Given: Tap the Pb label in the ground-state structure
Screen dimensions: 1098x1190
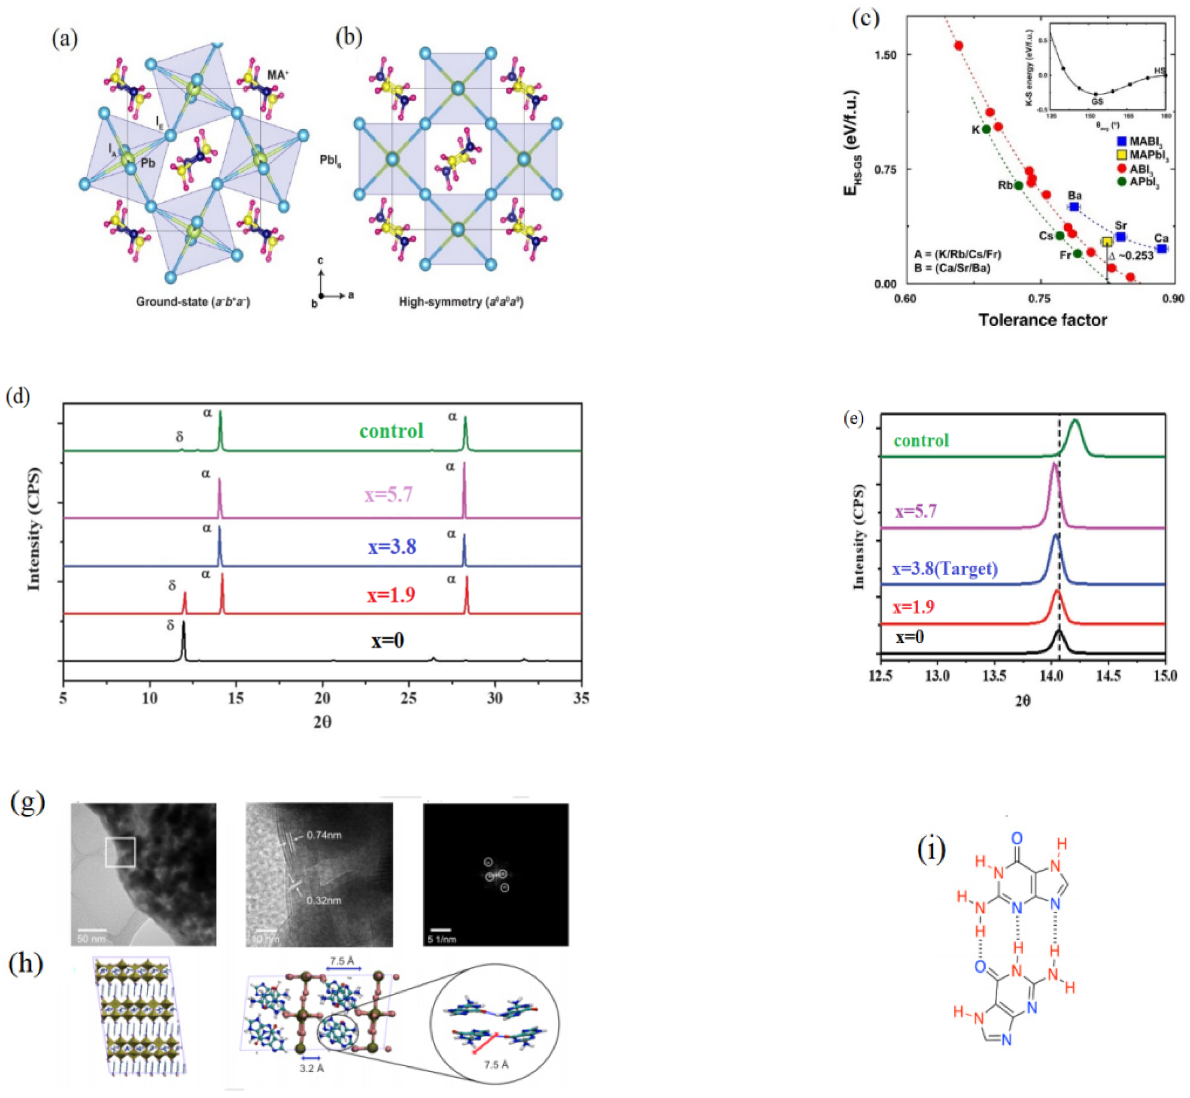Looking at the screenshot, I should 148,162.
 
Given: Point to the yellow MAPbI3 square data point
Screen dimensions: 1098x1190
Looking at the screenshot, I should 1107,242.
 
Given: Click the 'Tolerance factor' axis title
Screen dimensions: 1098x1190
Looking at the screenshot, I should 1043,320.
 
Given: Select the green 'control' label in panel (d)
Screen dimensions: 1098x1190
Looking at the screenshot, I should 391,431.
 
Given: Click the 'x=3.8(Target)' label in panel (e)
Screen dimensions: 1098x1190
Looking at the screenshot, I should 944,569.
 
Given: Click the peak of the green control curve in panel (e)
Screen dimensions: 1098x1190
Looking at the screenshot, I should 1074,421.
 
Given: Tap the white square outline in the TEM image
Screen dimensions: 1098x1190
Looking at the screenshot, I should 121,852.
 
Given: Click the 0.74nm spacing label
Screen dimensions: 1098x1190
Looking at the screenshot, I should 324,835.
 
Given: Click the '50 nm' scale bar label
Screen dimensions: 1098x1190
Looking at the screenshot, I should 91,939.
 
